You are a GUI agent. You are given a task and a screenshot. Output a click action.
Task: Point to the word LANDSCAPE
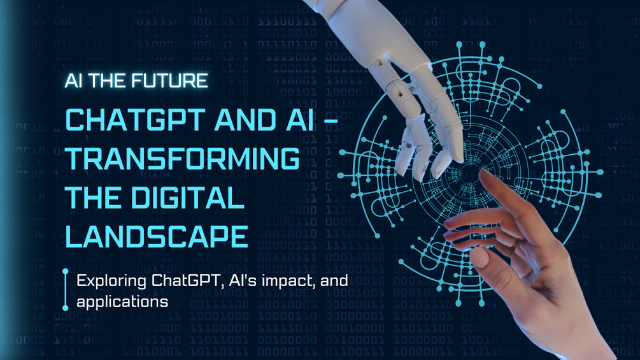157,236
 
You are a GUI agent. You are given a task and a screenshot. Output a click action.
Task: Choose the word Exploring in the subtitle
103,280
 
